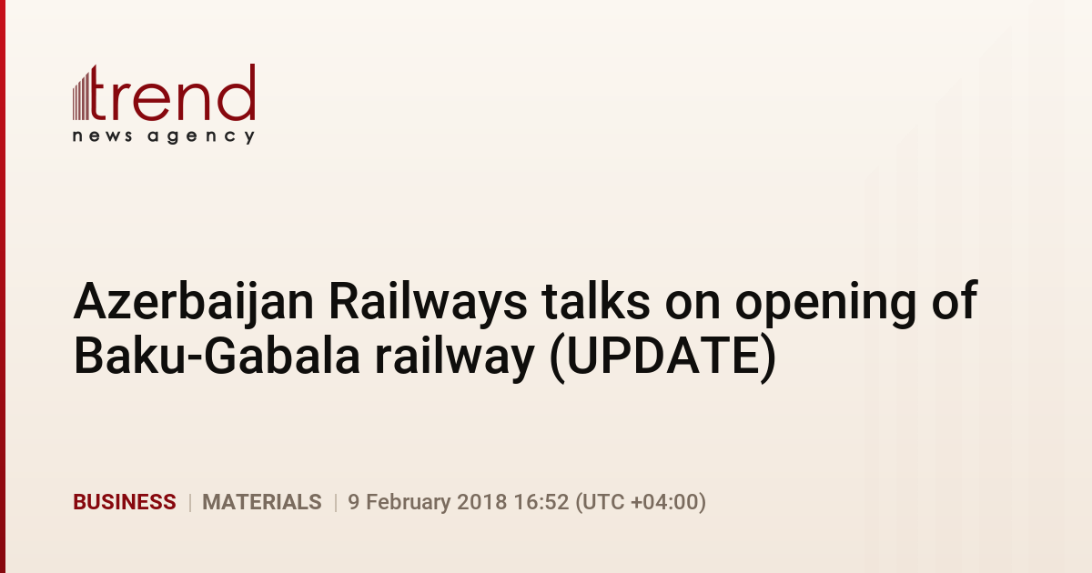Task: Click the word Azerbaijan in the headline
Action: (x=194, y=303)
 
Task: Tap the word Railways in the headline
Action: (x=428, y=303)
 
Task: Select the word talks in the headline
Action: (x=596, y=301)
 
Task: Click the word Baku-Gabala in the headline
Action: (x=217, y=356)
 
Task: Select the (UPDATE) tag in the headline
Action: (x=663, y=357)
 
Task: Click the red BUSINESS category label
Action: (x=125, y=502)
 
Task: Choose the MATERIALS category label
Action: (x=262, y=502)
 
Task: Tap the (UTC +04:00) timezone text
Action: (x=641, y=502)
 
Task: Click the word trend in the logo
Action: (x=172, y=93)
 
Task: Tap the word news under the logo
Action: (x=102, y=136)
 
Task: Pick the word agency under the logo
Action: (x=201, y=137)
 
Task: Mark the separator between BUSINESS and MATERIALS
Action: (x=189, y=502)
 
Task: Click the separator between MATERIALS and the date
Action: (x=336, y=502)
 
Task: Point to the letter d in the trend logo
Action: (x=237, y=93)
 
